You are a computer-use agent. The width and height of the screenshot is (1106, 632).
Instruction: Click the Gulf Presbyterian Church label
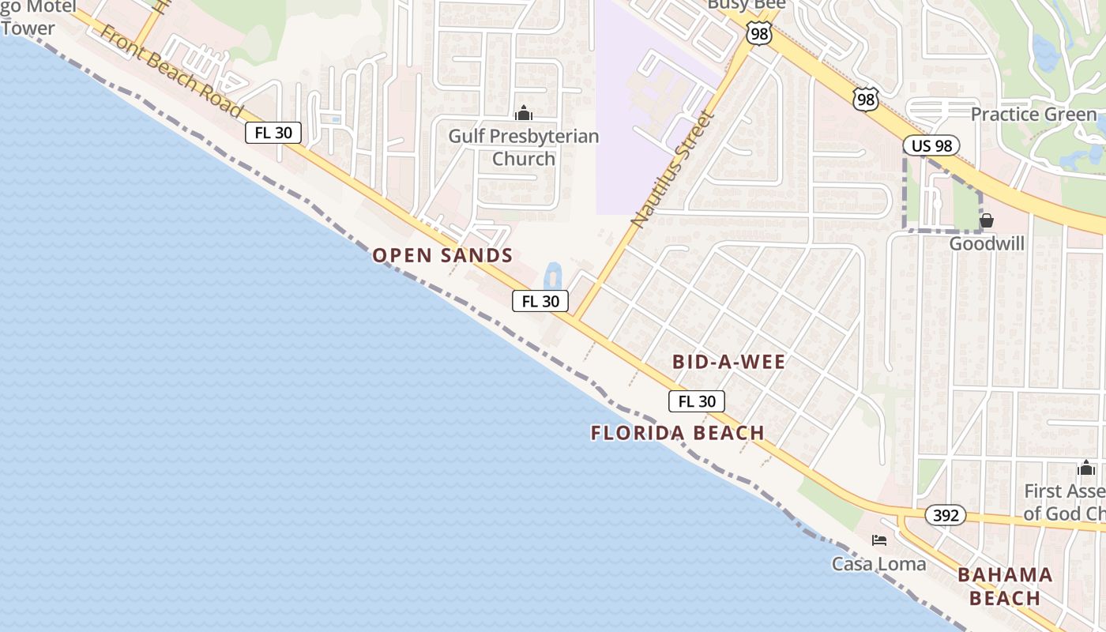[x=523, y=148]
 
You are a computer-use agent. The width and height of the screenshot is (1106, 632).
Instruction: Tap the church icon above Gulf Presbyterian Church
[x=523, y=114]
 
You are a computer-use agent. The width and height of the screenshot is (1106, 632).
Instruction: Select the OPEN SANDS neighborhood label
[x=442, y=255]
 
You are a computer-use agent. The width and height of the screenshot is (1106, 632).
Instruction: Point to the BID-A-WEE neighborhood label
[x=728, y=362]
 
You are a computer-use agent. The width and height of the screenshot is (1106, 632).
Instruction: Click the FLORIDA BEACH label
[x=677, y=433]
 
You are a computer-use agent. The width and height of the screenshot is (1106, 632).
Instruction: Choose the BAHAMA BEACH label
[x=1005, y=586]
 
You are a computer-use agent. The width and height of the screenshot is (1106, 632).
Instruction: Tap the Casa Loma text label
[x=878, y=564]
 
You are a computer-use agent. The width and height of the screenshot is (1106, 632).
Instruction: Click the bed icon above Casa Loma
[x=878, y=541]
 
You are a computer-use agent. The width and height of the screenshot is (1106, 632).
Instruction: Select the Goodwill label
[x=986, y=243]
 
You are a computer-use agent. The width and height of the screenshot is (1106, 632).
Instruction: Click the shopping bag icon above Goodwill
[x=986, y=220]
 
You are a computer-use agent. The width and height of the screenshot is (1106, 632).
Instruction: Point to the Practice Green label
[x=1033, y=115]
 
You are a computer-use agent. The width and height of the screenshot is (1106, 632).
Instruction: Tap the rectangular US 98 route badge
[x=931, y=145]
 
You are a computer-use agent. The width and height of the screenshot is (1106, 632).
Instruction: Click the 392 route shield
[x=945, y=516]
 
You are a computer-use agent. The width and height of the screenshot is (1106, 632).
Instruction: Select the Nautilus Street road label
[x=672, y=169]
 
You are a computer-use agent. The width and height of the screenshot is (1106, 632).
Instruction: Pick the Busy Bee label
[x=746, y=5]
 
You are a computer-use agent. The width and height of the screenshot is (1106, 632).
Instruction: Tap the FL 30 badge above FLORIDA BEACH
[x=696, y=401]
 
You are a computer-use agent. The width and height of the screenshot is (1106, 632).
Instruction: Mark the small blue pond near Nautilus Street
[x=552, y=276]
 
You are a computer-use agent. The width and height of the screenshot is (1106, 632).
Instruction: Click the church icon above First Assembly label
[x=1085, y=468]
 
